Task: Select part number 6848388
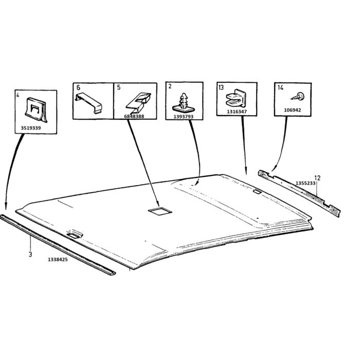(x=134, y=117)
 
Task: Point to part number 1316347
(x=237, y=111)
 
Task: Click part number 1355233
(x=305, y=183)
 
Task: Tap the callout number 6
(x=78, y=87)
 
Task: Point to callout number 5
(x=119, y=87)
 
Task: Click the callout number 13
(x=221, y=87)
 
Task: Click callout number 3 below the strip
(x=30, y=254)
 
